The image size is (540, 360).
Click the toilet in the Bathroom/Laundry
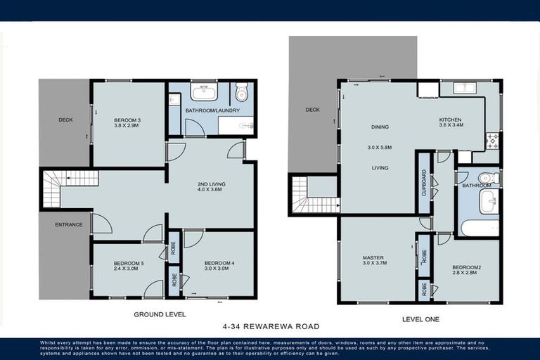click(242, 93)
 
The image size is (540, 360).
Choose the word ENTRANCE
click(69, 225)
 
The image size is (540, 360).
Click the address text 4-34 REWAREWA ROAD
click(271, 326)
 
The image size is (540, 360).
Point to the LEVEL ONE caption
click(420, 319)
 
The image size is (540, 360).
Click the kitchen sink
click(465, 88)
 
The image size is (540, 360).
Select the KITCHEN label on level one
click(450, 120)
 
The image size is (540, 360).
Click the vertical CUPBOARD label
click(423, 183)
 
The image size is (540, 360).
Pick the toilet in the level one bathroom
click(487, 178)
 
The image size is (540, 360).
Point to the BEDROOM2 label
click(465, 267)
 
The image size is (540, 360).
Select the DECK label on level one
click(312, 110)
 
